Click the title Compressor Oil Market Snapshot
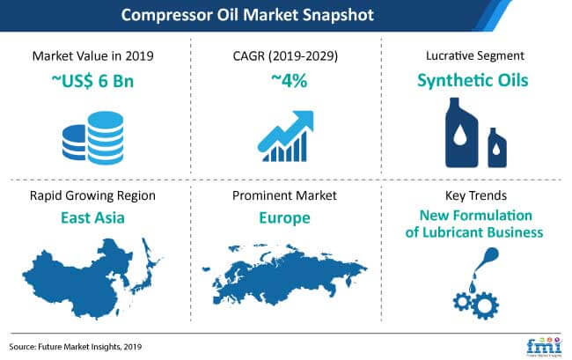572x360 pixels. tap(247, 15)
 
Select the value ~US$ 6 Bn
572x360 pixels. tap(92, 81)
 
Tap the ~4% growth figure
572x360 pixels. tap(289, 80)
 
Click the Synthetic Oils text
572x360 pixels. tap(473, 81)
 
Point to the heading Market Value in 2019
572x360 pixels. tap(92, 55)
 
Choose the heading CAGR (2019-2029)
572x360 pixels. tap(285, 55)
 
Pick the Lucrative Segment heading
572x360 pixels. tap(475, 55)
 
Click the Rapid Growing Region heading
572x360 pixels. tap(92, 196)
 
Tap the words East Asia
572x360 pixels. tap(92, 217)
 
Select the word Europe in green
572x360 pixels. tap(284, 218)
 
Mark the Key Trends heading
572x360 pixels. tap(476, 195)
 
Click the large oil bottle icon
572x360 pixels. tap(461, 133)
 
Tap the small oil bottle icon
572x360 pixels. tap(497, 148)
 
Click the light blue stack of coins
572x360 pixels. tap(106, 138)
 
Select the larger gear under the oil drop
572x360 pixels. tap(485, 305)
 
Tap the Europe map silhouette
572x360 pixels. tap(284, 276)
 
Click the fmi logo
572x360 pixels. tap(544, 346)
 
